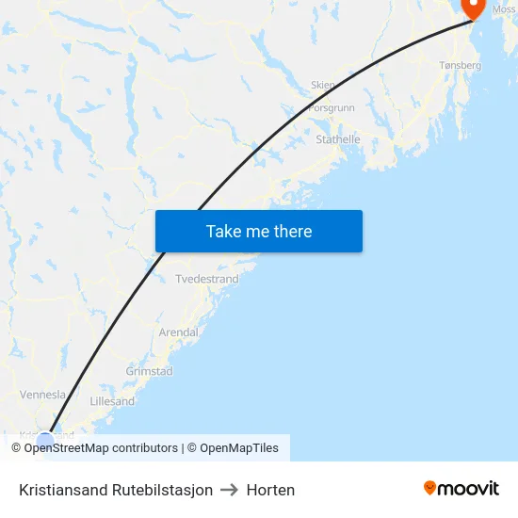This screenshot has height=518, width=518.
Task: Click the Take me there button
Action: pos(259,232)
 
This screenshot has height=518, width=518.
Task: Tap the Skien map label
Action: pos(323,85)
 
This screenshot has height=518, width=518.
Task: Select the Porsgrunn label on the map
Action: pos(331,107)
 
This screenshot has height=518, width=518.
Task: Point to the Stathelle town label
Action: pos(338,139)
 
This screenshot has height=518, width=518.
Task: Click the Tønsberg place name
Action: pos(461,66)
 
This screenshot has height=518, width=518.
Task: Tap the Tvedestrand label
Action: pos(207,280)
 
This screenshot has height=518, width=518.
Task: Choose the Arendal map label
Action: pos(179,332)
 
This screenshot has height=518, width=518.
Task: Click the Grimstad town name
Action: pos(149,371)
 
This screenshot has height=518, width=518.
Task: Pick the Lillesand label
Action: pos(112,401)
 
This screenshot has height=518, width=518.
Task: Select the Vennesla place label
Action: pos(43,395)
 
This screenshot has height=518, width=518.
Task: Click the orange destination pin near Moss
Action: pos(472,7)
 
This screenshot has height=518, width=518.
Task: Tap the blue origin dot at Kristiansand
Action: pos(44,439)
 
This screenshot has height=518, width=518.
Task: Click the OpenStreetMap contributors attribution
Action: pos(94,448)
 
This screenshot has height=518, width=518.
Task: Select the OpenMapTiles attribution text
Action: pos(238,448)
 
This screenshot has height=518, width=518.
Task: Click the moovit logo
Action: pos(461,488)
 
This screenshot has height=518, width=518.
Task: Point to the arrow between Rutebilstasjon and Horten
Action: pos(230,490)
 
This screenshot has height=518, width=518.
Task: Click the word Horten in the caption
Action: pos(270,490)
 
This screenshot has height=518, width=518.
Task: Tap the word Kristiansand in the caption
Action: pos(63,490)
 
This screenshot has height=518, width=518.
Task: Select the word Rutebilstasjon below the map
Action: pos(162,490)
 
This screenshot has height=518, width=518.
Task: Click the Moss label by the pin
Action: pos(503,9)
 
